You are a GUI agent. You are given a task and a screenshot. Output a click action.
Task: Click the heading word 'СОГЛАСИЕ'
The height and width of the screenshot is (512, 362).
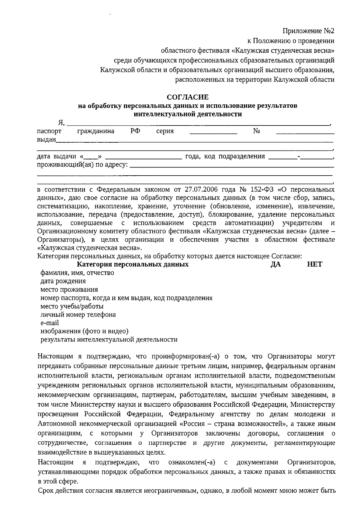coord(188,97)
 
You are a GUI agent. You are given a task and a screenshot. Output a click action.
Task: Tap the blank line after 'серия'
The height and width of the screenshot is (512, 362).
coord(213,133)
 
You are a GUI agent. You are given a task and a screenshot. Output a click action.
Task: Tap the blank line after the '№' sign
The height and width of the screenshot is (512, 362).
coord(305,133)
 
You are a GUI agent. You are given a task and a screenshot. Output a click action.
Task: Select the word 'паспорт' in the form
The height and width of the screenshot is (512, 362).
coord(49,131)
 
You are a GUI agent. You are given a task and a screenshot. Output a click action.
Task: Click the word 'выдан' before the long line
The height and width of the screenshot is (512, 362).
coord(46,139)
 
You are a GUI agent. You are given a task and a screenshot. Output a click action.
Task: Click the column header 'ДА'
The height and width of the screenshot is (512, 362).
coord(275,265)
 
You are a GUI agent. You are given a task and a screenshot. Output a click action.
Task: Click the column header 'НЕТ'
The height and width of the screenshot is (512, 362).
coord(314,265)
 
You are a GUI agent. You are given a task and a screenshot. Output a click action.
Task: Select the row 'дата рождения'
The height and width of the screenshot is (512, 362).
coord(63,281)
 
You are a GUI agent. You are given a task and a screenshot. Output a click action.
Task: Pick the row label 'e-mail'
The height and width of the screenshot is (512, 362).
coord(50,323)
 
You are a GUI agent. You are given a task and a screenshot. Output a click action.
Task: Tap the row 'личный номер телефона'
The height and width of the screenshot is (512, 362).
coord(78,315)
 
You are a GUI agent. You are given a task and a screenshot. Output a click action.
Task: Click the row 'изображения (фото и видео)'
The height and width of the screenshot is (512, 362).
coord(84,331)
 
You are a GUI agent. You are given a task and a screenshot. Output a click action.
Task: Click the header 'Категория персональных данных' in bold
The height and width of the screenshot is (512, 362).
coord(133,265)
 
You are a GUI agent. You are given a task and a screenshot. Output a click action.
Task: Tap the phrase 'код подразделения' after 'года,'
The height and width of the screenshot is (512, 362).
coord(242,156)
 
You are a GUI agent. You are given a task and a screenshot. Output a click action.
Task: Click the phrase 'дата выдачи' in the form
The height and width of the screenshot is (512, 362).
coord(56,156)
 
